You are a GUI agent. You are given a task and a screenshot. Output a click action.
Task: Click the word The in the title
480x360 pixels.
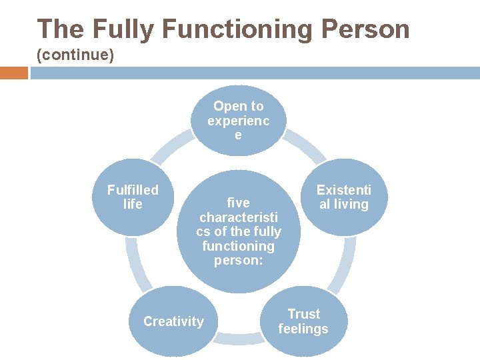point(61,29)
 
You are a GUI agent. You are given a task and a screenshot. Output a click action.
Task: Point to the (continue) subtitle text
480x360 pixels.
point(75,55)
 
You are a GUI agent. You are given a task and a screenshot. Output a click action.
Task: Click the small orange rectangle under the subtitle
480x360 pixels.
point(13,73)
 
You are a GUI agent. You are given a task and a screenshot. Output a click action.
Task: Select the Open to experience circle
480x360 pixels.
point(238,121)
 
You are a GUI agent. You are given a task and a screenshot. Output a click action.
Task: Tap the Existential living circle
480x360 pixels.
point(343,198)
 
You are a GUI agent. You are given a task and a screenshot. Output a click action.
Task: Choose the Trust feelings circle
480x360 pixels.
point(303,321)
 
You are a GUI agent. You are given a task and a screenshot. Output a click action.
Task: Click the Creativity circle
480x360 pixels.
point(173,321)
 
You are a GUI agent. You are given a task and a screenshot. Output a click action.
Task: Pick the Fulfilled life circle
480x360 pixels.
point(133,198)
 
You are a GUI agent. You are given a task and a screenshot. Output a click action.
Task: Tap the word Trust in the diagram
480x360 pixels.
point(303,314)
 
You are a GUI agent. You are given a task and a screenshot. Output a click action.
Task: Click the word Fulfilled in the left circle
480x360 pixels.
point(133,190)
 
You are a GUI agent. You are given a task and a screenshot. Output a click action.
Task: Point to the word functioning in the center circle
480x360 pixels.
point(239,246)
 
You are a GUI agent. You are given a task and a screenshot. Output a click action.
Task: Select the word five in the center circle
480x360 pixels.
point(239,203)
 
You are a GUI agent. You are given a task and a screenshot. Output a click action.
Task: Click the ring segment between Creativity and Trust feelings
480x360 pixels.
point(238,339)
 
